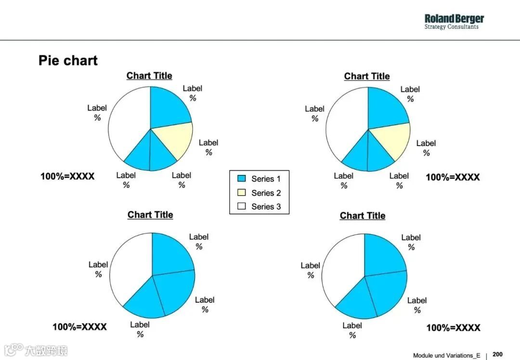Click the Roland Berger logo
pyautogui.click(x=454, y=22)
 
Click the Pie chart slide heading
pyautogui.click(x=68, y=61)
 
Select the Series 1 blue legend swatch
pyautogui.click(x=242, y=179)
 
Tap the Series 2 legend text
pyautogui.click(x=266, y=193)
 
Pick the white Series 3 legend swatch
pyautogui.click(x=242, y=206)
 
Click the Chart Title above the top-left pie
pyautogui.click(x=149, y=76)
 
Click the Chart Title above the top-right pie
pyautogui.click(x=367, y=76)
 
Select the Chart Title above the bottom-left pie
pyautogui.click(x=150, y=215)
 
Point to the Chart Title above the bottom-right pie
pyautogui.click(x=363, y=216)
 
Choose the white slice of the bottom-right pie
pyautogui.click(x=342, y=270)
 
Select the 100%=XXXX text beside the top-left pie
pyautogui.click(x=67, y=176)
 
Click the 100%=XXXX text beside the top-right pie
pyautogui.click(x=453, y=177)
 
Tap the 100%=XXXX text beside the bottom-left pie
pyautogui.click(x=79, y=327)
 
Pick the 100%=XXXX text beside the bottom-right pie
pyautogui.click(x=453, y=328)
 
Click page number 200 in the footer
pyautogui.click(x=497, y=355)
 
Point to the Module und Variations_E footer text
pyautogui.click(x=446, y=355)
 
